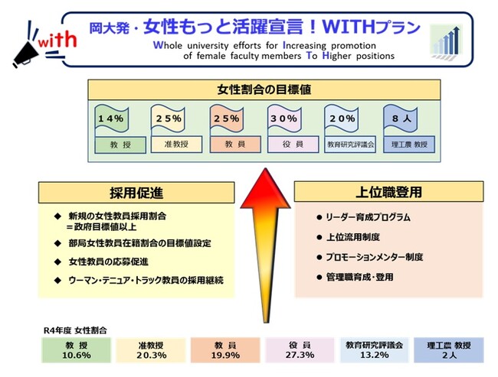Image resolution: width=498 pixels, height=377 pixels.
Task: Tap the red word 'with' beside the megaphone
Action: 57,41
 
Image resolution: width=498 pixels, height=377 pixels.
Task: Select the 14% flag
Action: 112,119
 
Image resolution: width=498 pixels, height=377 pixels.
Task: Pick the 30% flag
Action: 284,119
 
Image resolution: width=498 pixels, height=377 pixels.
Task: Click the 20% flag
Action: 342,119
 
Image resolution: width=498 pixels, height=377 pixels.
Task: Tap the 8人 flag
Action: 401,119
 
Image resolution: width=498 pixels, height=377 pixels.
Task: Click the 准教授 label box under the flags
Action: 176,145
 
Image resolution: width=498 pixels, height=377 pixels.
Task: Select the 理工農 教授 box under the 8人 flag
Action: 409,145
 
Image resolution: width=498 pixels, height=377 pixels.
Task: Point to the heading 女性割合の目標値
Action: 264,89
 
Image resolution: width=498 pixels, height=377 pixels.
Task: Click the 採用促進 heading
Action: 136,193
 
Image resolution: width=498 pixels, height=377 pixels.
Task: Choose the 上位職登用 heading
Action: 388,192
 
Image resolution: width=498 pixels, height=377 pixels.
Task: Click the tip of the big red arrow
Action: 265,168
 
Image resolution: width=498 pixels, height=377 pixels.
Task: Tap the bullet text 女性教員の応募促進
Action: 108,262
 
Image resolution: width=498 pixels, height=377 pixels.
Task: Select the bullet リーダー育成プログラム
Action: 368,217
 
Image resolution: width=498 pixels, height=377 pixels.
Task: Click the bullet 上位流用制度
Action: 353,237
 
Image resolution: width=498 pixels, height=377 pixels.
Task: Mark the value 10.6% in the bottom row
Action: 76,355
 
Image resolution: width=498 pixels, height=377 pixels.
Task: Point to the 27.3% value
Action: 300,355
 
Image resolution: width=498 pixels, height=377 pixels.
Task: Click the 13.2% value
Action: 374,355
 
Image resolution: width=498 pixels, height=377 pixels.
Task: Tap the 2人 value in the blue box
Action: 449,355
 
